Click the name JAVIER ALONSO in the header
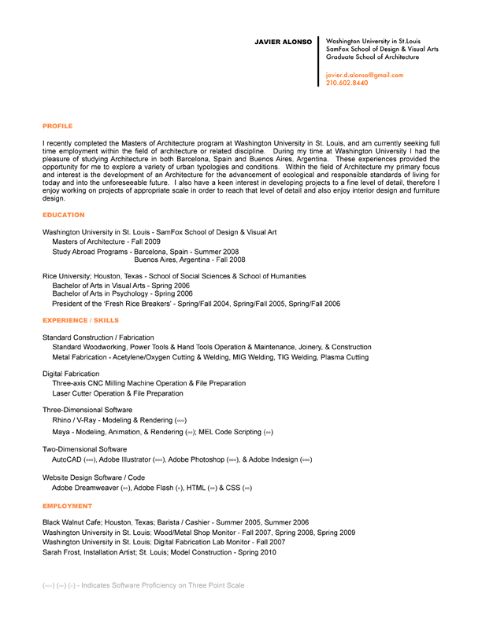click(284, 41)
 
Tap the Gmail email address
click(364, 75)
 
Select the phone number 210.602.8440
click(347, 83)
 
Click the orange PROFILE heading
click(57, 125)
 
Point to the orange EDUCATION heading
click(64, 215)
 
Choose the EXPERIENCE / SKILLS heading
click(81, 321)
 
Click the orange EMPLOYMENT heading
click(67, 506)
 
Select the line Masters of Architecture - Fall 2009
click(106, 241)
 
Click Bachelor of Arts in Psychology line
click(122, 293)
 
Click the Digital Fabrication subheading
click(71, 374)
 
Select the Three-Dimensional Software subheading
click(87, 410)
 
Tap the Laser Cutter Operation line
click(117, 393)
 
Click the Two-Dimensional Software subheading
click(84, 448)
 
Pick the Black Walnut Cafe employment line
click(176, 522)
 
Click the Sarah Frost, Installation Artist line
click(159, 552)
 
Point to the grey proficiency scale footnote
click(143, 585)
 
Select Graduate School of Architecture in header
click(373, 57)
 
